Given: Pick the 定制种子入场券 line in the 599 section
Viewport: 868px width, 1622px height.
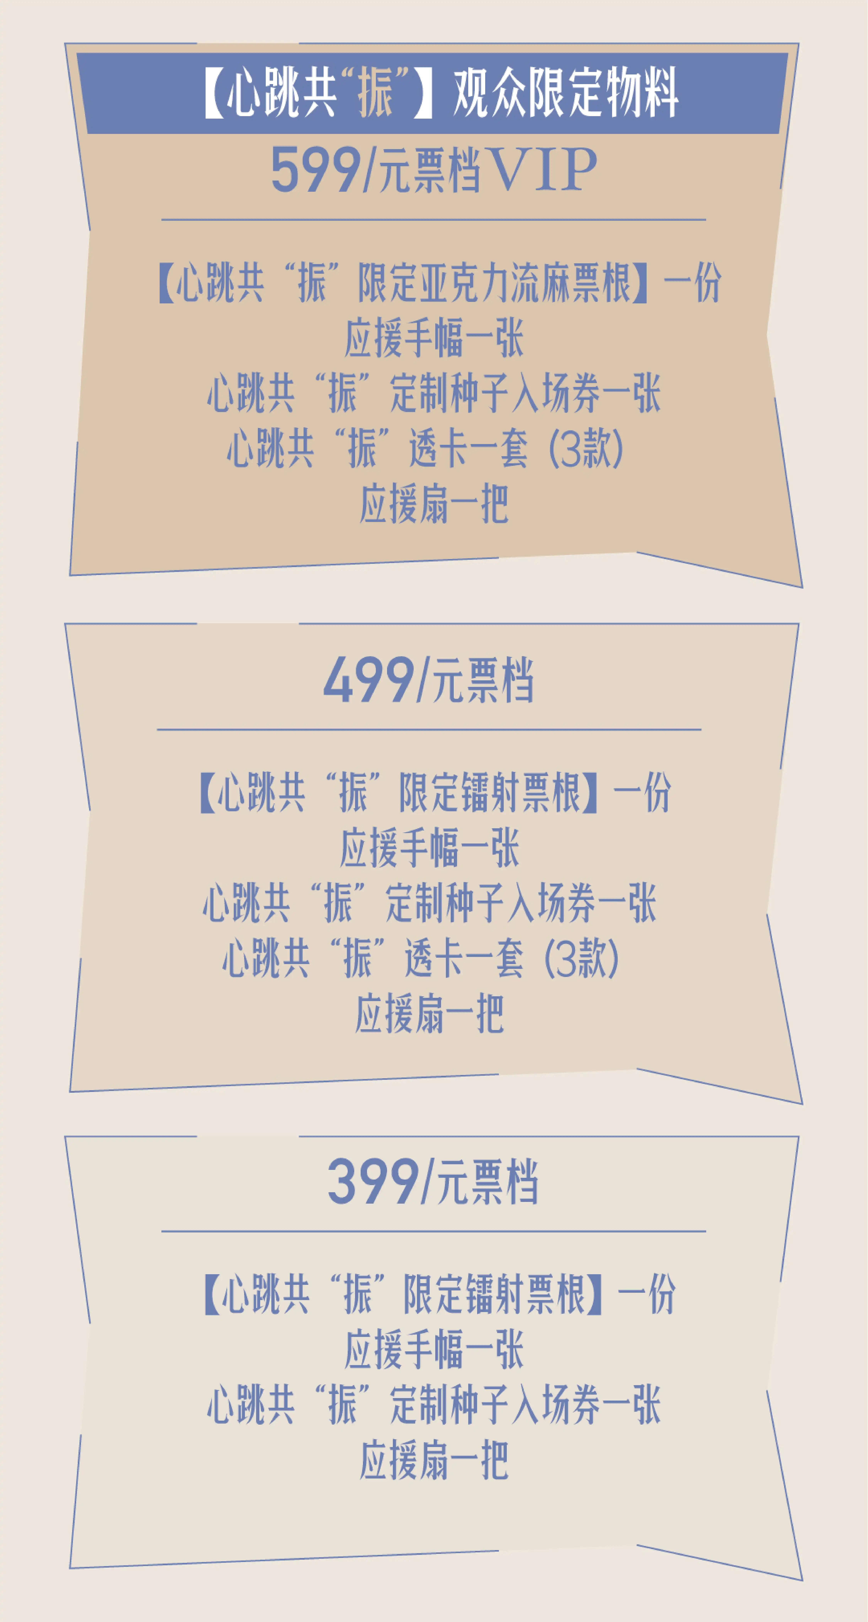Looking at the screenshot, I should pyautogui.click(x=434, y=393).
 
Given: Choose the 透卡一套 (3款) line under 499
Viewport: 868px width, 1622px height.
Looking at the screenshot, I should pyautogui.click(x=421, y=958).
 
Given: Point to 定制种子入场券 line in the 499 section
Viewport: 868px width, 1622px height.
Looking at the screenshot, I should pyautogui.click(x=429, y=903).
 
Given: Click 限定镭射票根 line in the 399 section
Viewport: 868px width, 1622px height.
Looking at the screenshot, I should pyautogui.click(x=439, y=1294).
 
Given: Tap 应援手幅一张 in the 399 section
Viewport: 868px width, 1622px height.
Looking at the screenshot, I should pyautogui.click(x=434, y=1349).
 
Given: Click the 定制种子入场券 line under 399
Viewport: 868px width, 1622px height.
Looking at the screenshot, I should pyautogui.click(x=434, y=1405).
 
